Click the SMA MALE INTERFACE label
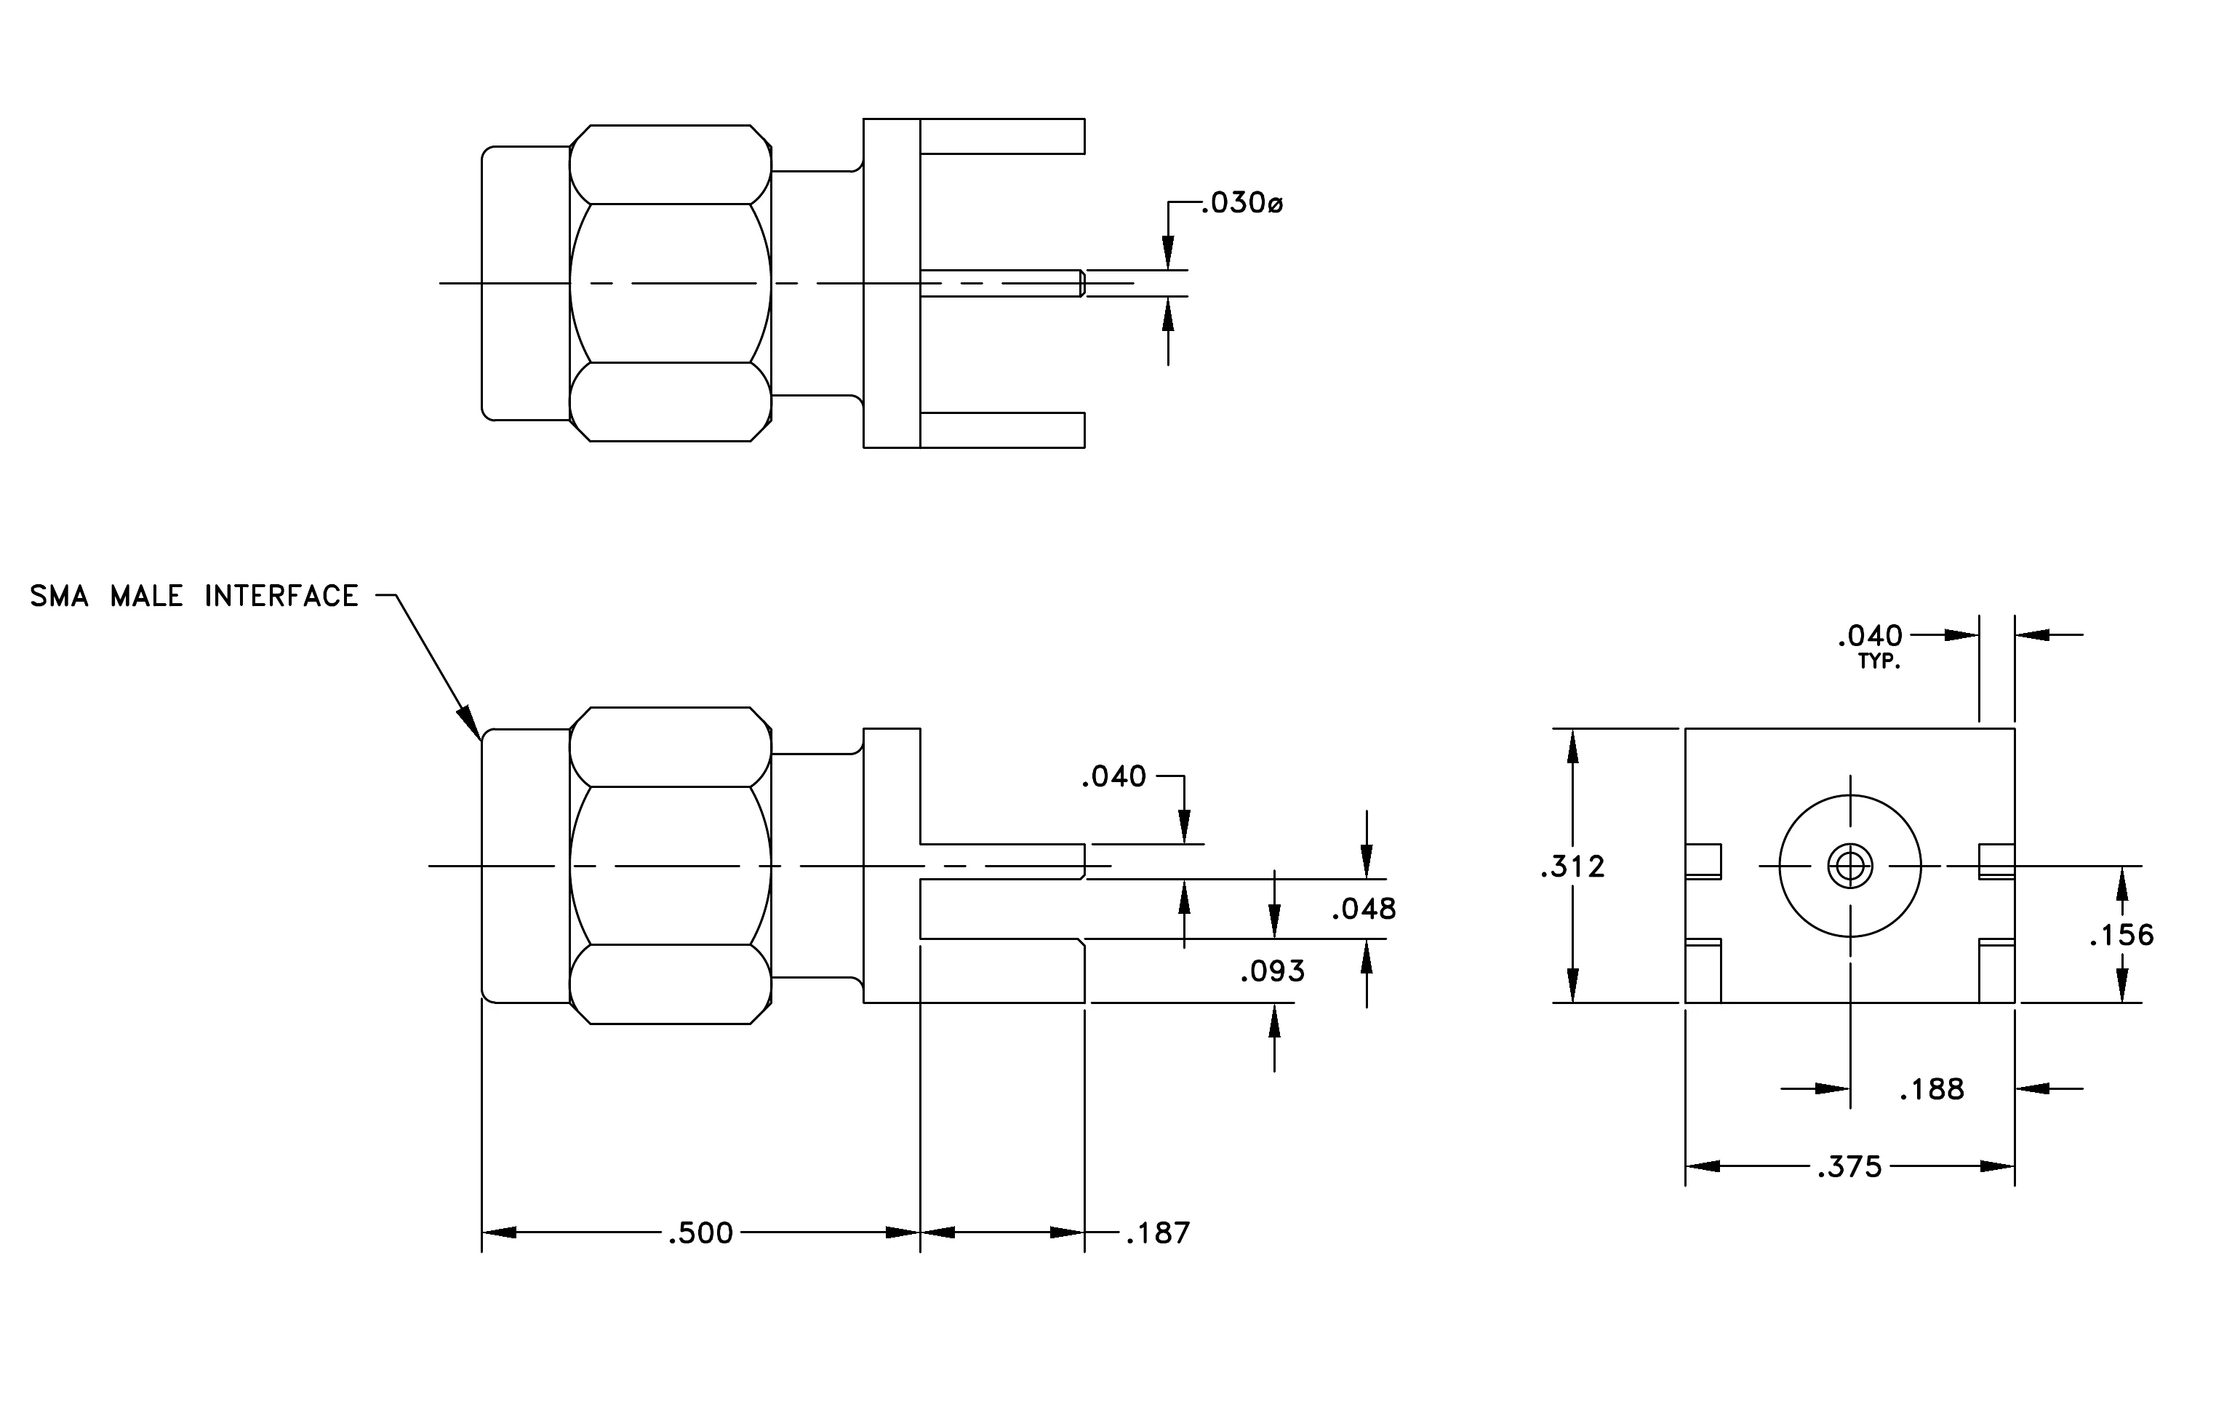click(193, 596)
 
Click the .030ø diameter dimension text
click(1242, 203)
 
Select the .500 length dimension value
click(701, 1233)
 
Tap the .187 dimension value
click(1158, 1233)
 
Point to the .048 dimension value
click(1364, 909)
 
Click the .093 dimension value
click(1273, 971)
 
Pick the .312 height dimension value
click(1572, 867)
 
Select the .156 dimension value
click(2121, 936)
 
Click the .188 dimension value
click(1932, 1089)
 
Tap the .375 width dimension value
click(1850, 1167)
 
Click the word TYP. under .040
click(1879, 663)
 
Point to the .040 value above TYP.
click(1871, 636)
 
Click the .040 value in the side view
click(1114, 777)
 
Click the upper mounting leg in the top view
click(1002, 136)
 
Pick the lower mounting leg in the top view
click(1002, 430)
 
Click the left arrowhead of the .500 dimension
click(499, 1233)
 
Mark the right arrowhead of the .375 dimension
click(1998, 1166)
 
